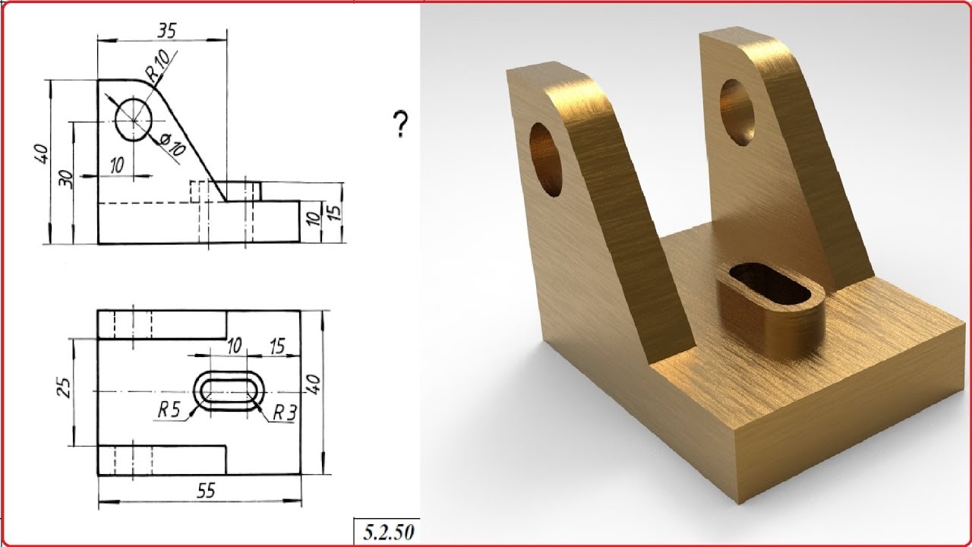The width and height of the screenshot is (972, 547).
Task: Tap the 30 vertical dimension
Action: pos(66,179)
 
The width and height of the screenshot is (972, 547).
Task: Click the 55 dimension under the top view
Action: pos(205,492)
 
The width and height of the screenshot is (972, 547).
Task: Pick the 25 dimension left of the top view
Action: pos(65,387)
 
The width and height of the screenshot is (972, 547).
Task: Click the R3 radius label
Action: pos(284,413)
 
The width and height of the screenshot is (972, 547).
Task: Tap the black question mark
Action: pos(400,124)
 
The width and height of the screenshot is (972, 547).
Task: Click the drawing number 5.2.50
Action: pos(388,533)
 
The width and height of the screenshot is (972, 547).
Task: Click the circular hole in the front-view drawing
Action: pos(134,119)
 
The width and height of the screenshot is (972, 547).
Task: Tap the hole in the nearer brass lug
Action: pos(548,160)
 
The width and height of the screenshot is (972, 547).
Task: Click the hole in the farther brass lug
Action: pos(737,112)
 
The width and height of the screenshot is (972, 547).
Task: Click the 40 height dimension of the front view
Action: pos(42,154)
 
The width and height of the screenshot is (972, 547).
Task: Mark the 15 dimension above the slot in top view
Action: pos(276,346)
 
